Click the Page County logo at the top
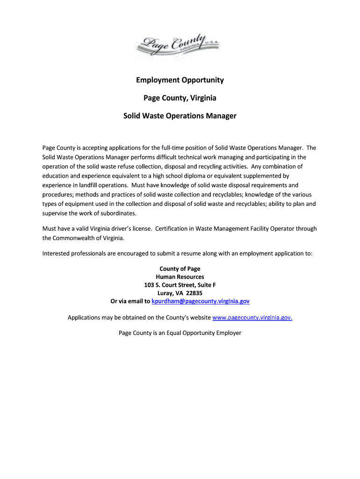(x=180, y=44)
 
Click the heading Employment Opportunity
(x=180, y=80)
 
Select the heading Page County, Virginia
(x=180, y=98)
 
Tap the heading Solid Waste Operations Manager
(x=180, y=116)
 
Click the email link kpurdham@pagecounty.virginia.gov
(x=201, y=301)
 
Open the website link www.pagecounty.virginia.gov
(x=252, y=318)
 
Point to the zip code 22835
(x=194, y=293)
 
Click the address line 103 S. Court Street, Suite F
(x=180, y=285)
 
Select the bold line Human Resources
(x=180, y=277)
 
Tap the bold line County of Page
(x=180, y=269)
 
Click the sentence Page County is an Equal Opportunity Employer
(x=180, y=333)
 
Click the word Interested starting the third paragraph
(x=57, y=254)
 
